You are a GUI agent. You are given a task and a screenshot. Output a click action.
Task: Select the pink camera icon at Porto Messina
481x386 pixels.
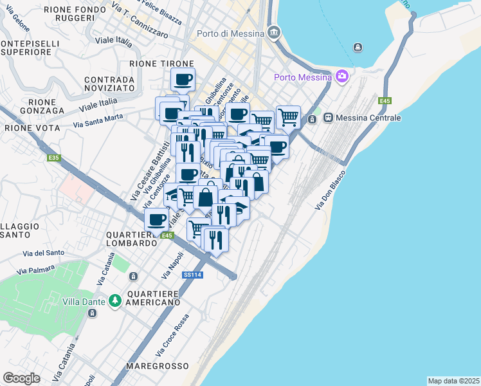tap(341, 77)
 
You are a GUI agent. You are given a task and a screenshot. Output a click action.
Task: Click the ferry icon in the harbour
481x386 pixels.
tap(358, 47)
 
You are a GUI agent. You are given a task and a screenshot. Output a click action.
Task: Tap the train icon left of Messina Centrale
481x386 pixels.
tap(329, 118)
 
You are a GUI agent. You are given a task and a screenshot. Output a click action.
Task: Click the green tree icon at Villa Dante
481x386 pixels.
tap(114, 300)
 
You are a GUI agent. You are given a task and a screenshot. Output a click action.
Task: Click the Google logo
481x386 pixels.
tap(21, 378)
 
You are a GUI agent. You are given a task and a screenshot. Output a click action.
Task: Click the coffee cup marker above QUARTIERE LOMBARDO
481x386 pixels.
tap(156, 220)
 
